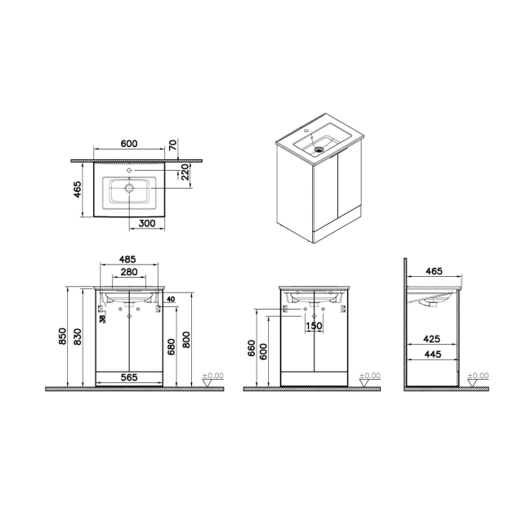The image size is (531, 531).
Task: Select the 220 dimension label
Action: click(185, 172)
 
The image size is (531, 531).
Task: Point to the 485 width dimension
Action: click(127, 259)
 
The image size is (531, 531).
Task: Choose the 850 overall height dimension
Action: click(61, 336)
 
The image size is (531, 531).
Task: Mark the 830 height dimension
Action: click(78, 336)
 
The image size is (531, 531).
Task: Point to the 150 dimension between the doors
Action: click(315, 326)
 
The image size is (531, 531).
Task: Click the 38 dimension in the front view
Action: click(101, 319)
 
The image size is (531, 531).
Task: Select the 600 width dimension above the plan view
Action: click(129, 144)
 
